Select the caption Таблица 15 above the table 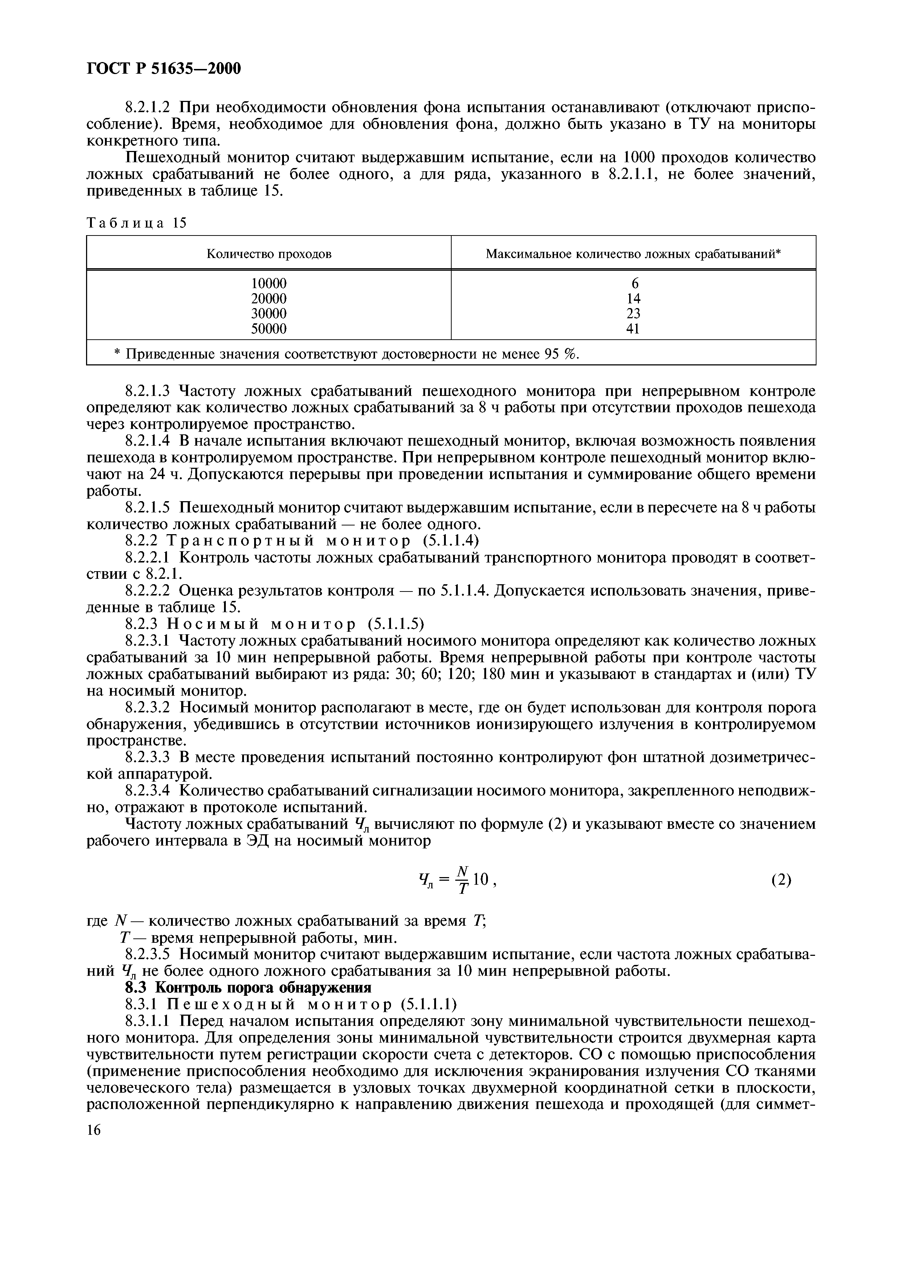click(x=137, y=223)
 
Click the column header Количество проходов click(x=269, y=254)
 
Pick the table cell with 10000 click(x=269, y=283)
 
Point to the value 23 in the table click(x=633, y=314)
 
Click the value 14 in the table click(x=633, y=299)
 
